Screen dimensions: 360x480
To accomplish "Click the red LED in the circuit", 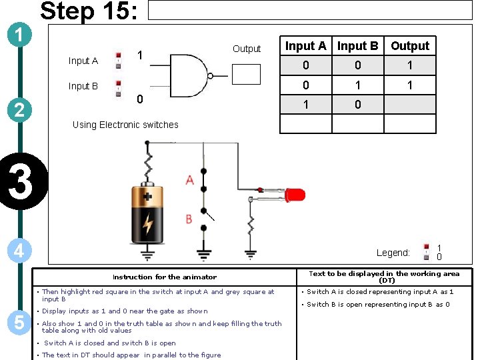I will pyautogui.click(x=294, y=195).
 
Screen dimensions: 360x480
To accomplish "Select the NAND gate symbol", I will pyautogui.click(x=191, y=74).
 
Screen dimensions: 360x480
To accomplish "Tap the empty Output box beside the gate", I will pyautogui.click(x=246, y=74).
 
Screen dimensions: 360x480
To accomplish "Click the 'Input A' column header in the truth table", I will pyautogui.click(x=305, y=46).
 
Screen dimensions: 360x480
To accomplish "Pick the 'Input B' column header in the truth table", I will pyautogui.click(x=357, y=46).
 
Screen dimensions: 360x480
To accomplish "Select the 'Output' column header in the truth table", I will pyautogui.click(x=410, y=46).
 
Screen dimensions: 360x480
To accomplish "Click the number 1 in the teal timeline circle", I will pyautogui.click(x=21, y=34).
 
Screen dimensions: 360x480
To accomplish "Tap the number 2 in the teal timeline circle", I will pyautogui.click(x=21, y=109).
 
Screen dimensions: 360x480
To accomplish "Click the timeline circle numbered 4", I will pyautogui.click(x=21, y=251).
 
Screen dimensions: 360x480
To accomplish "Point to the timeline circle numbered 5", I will pyautogui.click(x=19, y=322).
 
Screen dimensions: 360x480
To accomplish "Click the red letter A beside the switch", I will pyautogui.click(x=189, y=180).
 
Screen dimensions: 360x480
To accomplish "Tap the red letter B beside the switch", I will pyautogui.click(x=189, y=219).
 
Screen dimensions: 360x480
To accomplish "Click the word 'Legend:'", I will pyautogui.click(x=393, y=253).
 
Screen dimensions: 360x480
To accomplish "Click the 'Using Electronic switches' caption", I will pyautogui.click(x=125, y=125).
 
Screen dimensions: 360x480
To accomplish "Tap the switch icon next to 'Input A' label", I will pyautogui.click(x=119, y=59).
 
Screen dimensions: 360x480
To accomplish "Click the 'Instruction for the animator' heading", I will pyautogui.click(x=165, y=277).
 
